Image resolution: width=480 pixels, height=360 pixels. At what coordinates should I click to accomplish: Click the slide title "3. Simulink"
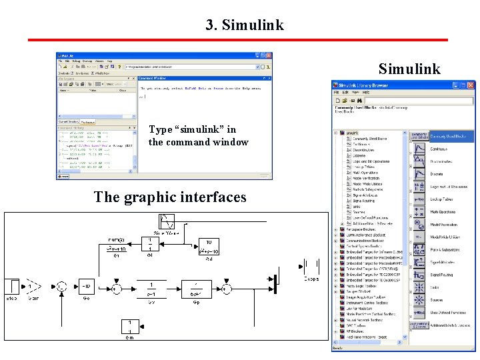(245, 25)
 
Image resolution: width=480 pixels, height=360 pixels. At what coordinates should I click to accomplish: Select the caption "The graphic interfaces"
(170, 197)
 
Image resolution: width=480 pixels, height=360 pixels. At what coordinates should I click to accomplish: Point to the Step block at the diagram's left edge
(12, 287)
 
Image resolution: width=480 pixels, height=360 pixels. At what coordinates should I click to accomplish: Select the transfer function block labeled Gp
(196, 287)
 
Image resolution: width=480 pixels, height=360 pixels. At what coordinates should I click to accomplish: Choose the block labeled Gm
(129, 327)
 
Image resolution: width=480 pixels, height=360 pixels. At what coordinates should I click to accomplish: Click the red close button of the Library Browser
(471, 85)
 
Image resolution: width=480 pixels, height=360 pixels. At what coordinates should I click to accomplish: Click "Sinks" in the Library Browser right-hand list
(434, 287)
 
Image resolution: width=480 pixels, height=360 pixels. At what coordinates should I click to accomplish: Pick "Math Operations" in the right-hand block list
(443, 212)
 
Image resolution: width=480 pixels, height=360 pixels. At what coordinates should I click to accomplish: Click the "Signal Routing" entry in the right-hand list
(441, 275)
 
